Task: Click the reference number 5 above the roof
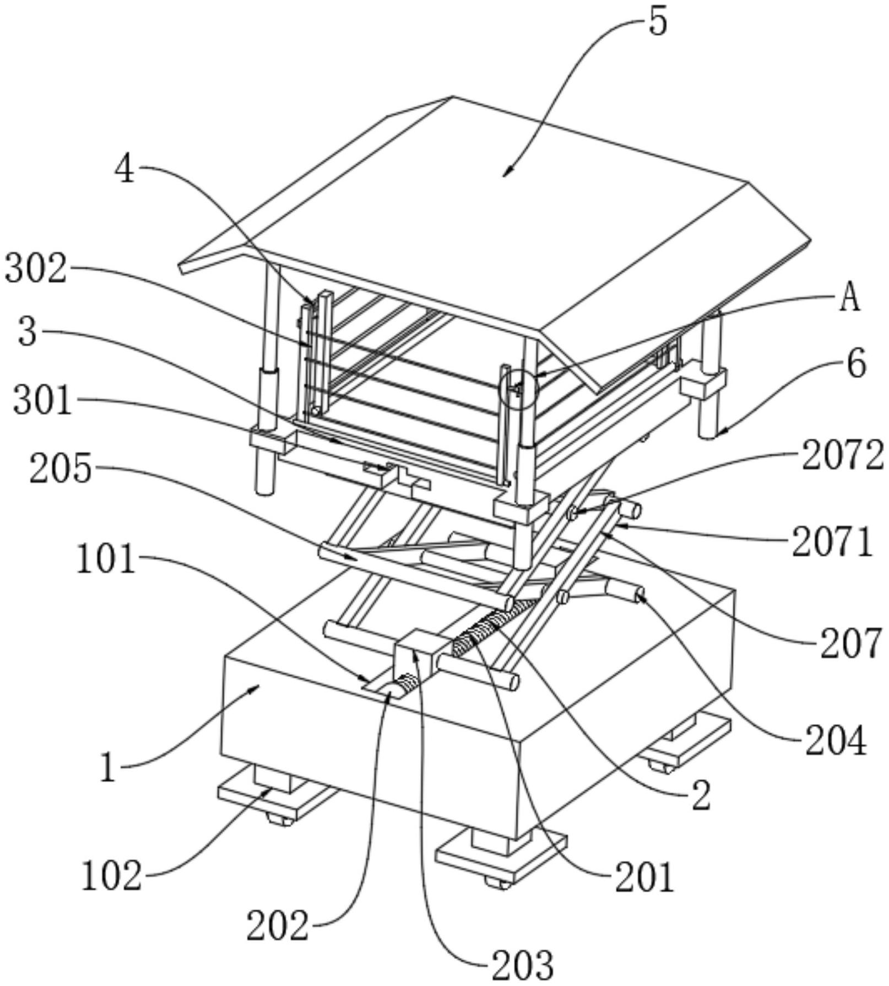tap(657, 21)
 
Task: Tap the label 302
tap(36, 268)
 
